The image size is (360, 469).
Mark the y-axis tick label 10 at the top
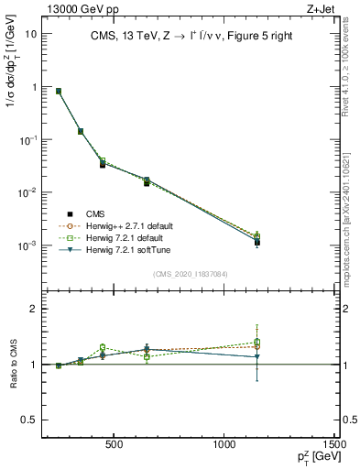click(x=30, y=34)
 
